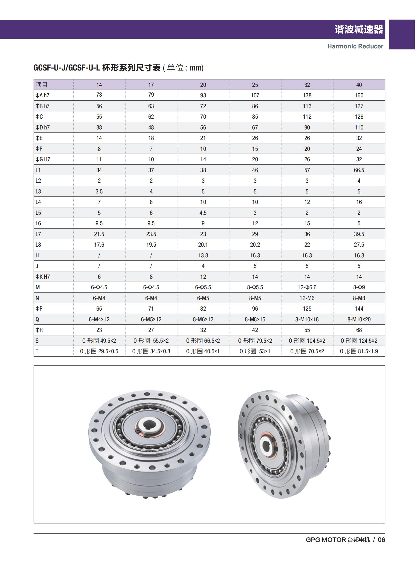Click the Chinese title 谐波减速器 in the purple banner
tap(359, 29)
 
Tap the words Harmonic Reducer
tap(355, 46)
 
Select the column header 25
tap(255, 85)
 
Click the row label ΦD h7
tap(42, 127)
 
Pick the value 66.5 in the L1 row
tap(359, 170)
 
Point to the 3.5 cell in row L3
tap(99, 191)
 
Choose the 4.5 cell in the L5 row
tap(203, 213)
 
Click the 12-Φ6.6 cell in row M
tap(307, 287)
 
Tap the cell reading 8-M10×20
tap(359, 319)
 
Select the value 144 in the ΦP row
tap(359, 309)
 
